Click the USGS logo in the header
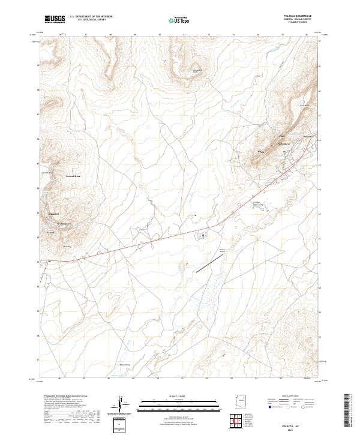55,19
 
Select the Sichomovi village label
283,144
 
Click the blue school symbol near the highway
203,235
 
